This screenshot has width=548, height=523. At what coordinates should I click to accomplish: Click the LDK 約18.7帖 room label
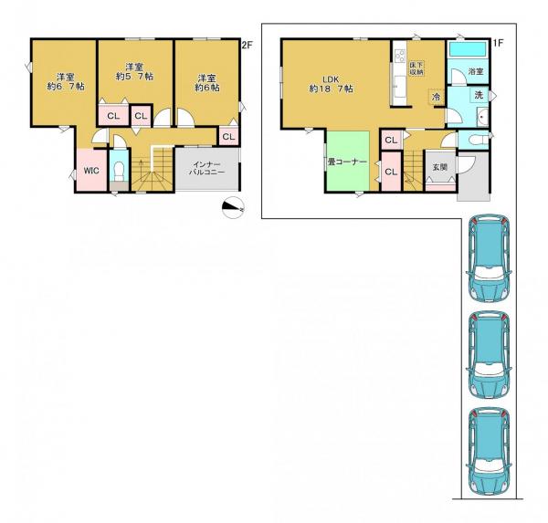[331, 84]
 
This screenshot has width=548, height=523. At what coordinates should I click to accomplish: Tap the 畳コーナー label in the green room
[347, 162]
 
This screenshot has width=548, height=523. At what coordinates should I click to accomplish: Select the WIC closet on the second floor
[91, 171]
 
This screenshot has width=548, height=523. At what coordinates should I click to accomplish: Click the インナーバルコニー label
[206, 168]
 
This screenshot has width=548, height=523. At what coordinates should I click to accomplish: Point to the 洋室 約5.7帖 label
[134, 71]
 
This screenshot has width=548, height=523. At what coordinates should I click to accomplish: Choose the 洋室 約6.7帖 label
[66, 82]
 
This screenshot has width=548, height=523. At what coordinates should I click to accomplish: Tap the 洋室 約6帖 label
[207, 83]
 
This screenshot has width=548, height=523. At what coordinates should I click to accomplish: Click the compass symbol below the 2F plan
[233, 207]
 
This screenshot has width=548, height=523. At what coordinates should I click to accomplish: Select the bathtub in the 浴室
[468, 49]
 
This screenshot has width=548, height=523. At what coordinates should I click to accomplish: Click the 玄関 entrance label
[440, 167]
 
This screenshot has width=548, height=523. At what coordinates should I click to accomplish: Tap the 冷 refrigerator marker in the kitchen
[437, 97]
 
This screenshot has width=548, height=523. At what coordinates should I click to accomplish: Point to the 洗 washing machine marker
[479, 94]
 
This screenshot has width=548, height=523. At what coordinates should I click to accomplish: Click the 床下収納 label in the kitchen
[416, 68]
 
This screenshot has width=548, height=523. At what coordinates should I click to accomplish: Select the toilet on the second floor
[120, 171]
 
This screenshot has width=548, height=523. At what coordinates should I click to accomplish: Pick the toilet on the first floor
[478, 140]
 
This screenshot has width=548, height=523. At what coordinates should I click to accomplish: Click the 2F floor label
[248, 45]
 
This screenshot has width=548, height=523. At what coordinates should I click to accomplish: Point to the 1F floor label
[498, 43]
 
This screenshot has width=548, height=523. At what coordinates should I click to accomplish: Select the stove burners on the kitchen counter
[400, 56]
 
